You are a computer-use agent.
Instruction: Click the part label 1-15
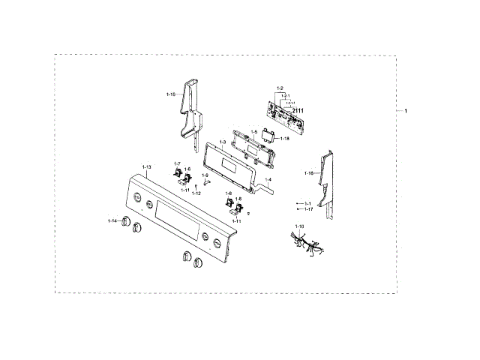click(170, 94)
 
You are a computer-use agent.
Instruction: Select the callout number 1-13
click(146, 166)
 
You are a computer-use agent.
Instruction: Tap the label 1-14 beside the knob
click(112, 221)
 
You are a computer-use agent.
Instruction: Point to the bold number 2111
click(298, 111)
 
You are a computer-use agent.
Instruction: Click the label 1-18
click(284, 139)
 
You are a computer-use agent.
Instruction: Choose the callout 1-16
click(308, 173)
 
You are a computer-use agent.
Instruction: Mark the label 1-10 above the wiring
click(300, 226)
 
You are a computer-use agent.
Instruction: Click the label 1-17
click(308, 209)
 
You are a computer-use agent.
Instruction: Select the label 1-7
click(177, 163)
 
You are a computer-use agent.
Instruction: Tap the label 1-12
click(196, 193)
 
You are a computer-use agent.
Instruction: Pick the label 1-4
click(270, 181)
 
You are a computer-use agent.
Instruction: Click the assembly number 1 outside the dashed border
click(406, 111)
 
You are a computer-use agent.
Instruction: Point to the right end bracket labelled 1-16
click(325, 180)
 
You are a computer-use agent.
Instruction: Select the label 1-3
click(223, 142)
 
